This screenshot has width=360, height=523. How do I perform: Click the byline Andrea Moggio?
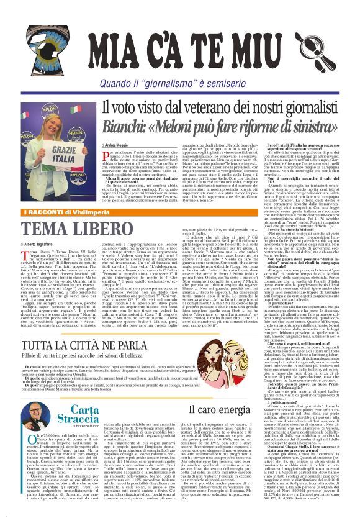click(115, 145)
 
